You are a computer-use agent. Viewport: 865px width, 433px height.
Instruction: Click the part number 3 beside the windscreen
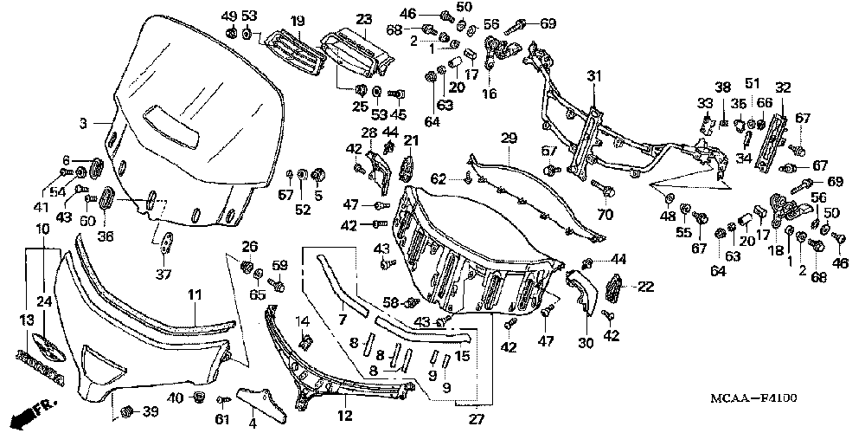[x=84, y=125]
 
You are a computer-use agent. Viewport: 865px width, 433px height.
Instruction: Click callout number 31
[x=593, y=77]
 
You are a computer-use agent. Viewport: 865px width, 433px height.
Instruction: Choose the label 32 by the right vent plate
[x=783, y=87]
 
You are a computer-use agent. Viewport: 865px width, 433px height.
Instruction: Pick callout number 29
[x=508, y=139]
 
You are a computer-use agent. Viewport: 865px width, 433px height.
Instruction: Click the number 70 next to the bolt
[x=604, y=213]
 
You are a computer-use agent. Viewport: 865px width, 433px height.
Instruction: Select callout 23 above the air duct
[x=362, y=19]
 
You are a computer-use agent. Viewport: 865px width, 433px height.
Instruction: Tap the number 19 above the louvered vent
[x=273, y=21]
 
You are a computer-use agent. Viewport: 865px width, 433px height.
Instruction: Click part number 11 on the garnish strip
[x=195, y=296]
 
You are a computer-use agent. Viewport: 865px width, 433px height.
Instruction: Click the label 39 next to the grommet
[x=151, y=410]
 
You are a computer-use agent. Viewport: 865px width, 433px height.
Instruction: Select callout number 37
[x=163, y=275]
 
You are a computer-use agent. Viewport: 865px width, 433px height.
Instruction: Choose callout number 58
[x=390, y=302]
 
